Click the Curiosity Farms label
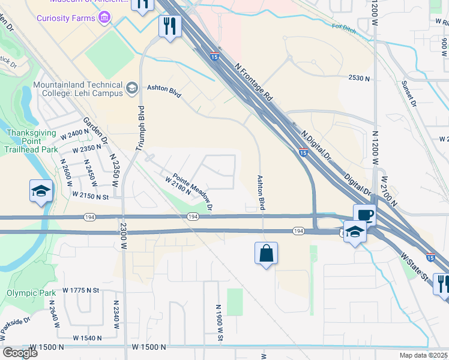(65, 18)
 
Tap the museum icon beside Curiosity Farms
(105, 18)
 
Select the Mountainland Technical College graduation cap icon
(131, 89)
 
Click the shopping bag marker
(266, 253)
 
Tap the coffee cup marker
(364, 215)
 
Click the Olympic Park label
(26, 293)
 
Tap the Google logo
(19, 352)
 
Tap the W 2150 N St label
(89, 195)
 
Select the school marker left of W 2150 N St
(41, 192)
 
